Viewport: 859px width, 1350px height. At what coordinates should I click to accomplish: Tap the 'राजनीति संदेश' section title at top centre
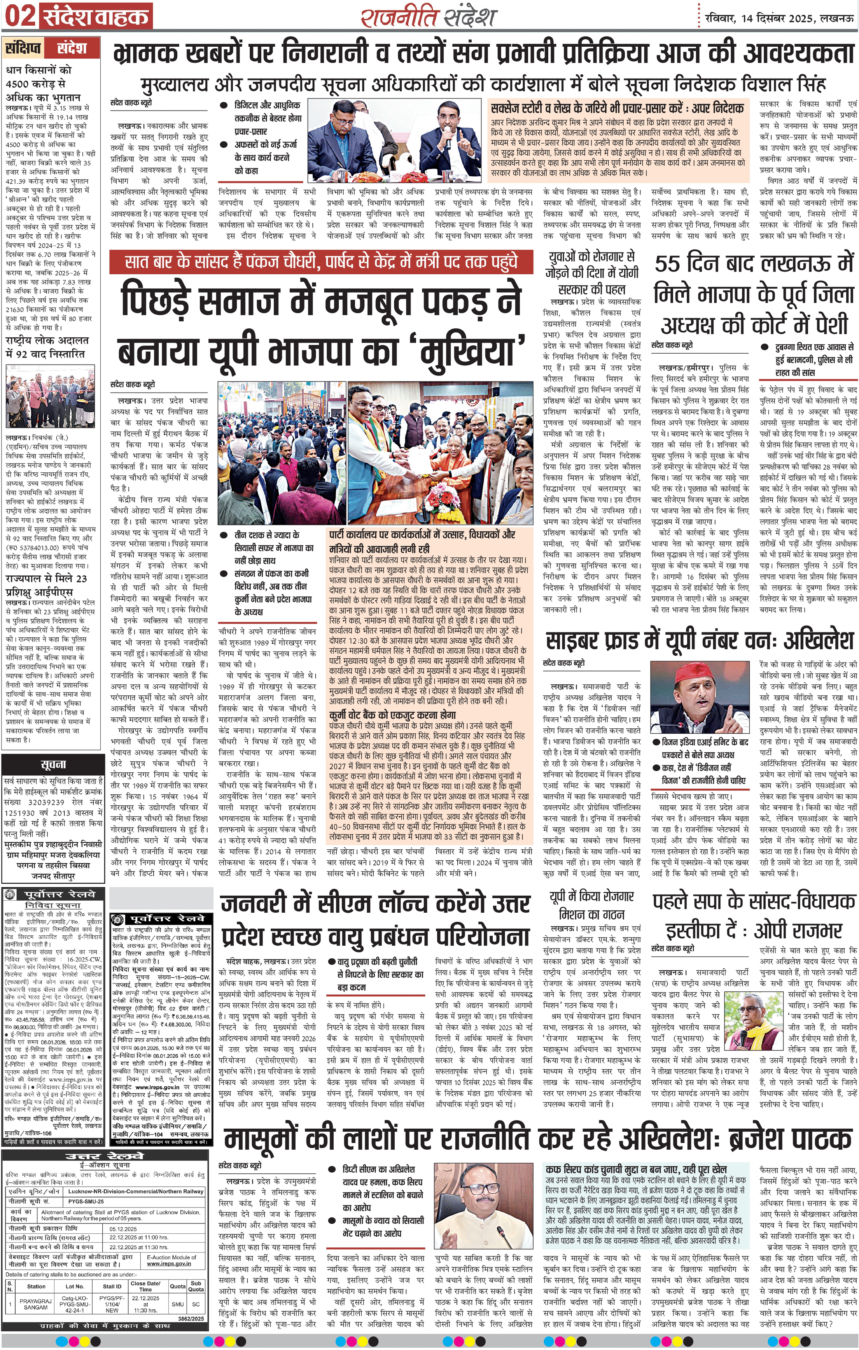[x=429, y=17]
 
